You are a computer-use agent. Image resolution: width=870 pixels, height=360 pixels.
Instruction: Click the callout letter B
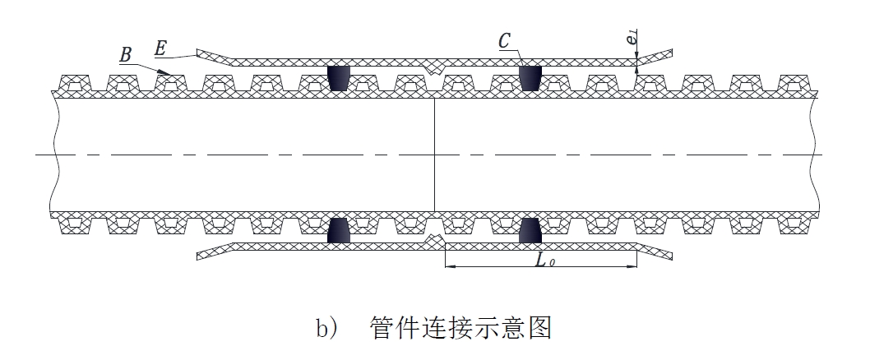pos(126,55)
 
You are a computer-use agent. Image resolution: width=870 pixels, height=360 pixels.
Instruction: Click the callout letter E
pos(161,49)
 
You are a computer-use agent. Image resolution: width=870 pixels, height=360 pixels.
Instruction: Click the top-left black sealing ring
pos(339,77)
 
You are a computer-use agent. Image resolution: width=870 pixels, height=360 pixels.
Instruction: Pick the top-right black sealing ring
pos(531,77)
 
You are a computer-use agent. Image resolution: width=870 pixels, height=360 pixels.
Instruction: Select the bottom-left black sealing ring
pos(339,230)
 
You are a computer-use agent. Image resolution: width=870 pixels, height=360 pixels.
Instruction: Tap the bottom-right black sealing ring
pos(531,230)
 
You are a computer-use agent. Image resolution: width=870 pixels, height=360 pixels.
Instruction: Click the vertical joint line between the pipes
pos(434,155)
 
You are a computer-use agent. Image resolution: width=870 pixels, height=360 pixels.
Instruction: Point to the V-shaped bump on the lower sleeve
pos(435,241)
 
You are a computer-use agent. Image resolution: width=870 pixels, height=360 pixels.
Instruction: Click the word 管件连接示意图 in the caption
pos(460,328)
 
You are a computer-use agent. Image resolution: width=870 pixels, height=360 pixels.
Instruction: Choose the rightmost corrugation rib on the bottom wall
pos(793,224)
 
